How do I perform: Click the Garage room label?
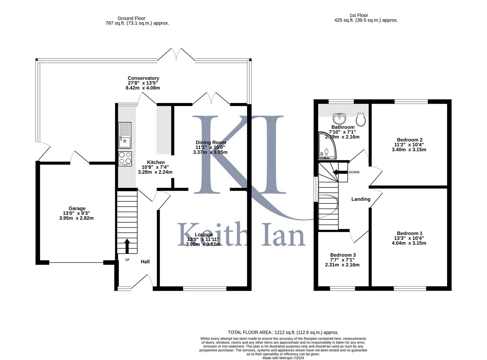(77, 208)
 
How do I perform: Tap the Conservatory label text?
(143, 78)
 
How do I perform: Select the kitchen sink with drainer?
(125, 135)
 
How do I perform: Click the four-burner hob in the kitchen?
(125, 159)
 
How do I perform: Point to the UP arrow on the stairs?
(127, 246)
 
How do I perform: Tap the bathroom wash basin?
(339, 119)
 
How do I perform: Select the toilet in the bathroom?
(361, 120)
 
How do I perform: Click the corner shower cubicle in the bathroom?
(327, 145)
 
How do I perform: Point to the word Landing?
(361, 199)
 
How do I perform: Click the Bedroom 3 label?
(343, 255)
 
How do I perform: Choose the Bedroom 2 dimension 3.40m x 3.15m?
(409, 150)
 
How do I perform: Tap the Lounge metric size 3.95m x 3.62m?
(203, 244)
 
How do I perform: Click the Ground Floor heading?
(131, 18)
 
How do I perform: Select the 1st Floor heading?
(359, 15)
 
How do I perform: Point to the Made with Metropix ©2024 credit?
(283, 358)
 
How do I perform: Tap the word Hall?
(145, 262)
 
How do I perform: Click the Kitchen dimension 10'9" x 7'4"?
(155, 167)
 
